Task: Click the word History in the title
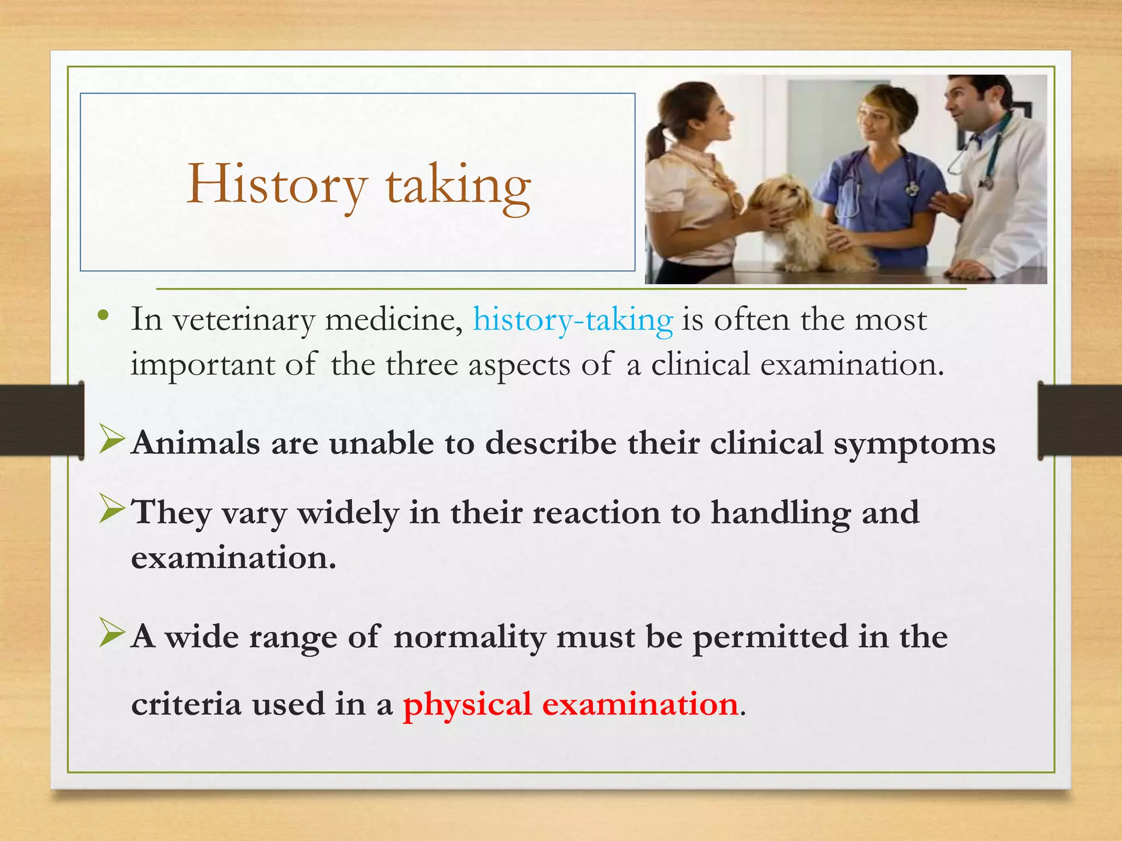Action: pyautogui.click(x=276, y=185)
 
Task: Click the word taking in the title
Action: pyautogui.click(x=458, y=186)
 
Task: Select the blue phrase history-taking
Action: pyautogui.click(x=573, y=320)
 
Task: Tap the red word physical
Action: pyautogui.click(x=467, y=704)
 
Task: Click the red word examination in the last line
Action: pyautogui.click(x=640, y=704)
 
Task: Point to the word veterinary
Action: pyautogui.click(x=244, y=320)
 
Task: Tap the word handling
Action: pyautogui.click(x=780, y=514)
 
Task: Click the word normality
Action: pyautogui.click(x=470, y=637)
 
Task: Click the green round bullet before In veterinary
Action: pyautogui.click(x=102, y=316)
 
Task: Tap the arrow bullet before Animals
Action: pyautogui.click(x=112, y=441)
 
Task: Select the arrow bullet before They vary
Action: pyautogui.click(x=112, y=511)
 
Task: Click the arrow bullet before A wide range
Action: pyautogui.click(x=112, y=635)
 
